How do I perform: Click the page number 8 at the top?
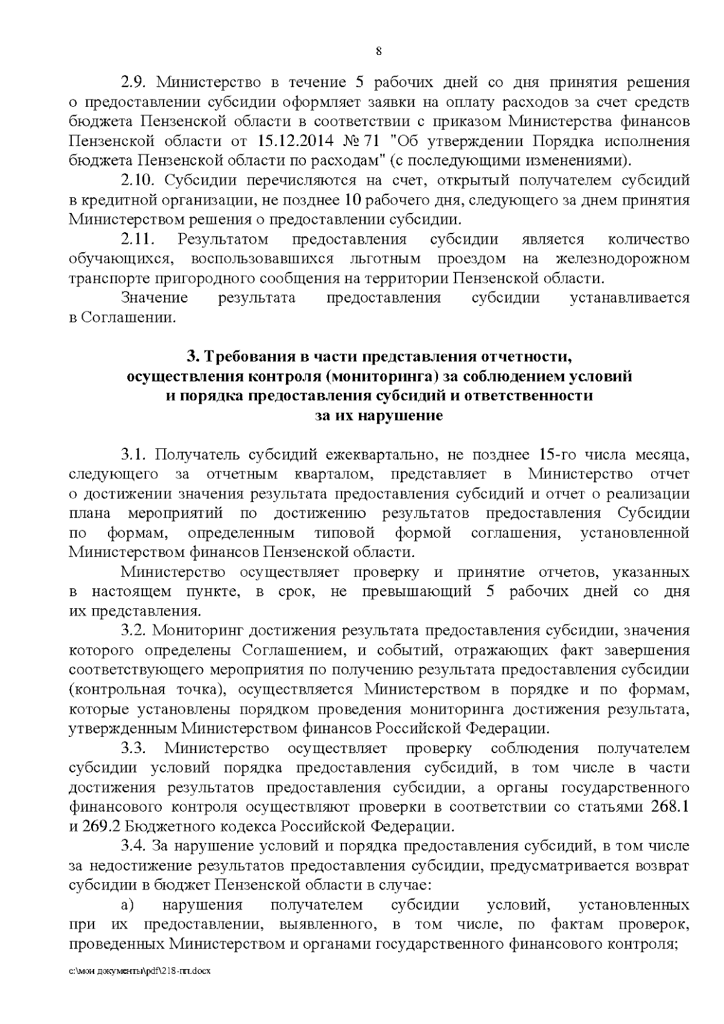coord(379,51)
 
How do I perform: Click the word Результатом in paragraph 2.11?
coord(223,240)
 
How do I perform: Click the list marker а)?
coord(127,905)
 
